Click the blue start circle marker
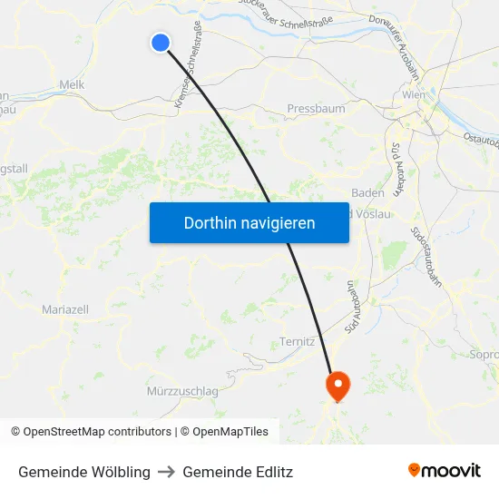161,43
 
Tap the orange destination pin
338,386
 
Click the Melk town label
72,84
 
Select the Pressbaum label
316,109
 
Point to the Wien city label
413,94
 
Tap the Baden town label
367,192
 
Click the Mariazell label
65,309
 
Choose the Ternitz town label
297,342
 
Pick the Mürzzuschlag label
182,391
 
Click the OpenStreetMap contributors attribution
92,432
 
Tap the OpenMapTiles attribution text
228,432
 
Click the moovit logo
445,471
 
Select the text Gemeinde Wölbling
84,472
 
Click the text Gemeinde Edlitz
238,472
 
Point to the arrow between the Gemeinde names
166,472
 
